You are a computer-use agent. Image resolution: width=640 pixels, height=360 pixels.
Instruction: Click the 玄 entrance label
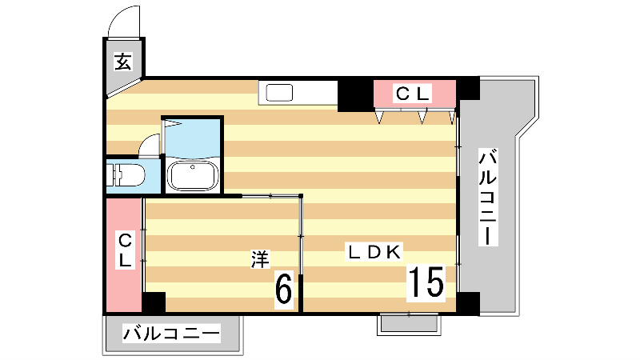tap(123, 61)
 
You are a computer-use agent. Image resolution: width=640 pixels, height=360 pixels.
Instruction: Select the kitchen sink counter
tap(298, 93)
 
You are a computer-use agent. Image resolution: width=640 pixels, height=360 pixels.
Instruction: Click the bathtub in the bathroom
tap(192, 174)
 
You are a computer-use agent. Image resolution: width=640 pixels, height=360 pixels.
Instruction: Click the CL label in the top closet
tap(414, 94)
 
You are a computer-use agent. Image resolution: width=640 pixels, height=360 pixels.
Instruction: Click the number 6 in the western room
tap(283, 289)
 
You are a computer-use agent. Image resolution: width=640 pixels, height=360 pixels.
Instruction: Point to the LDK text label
tap(373, 251)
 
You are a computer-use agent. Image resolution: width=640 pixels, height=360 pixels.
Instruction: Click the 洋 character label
tap(260, 258)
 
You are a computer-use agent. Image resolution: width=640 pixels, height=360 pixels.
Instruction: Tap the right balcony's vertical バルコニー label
tap(488, 196)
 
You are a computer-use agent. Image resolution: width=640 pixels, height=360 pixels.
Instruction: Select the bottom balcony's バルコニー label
tap(170, 334)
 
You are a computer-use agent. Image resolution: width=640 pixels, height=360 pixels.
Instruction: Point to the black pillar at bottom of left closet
tap(153, 302)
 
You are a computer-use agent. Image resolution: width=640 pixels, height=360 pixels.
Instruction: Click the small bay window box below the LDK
tap(408, 322)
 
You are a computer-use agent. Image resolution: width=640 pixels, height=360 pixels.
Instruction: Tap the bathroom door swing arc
tap(150, 145)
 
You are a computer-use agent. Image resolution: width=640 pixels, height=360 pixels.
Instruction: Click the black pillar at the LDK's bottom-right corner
tap(469, 302)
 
